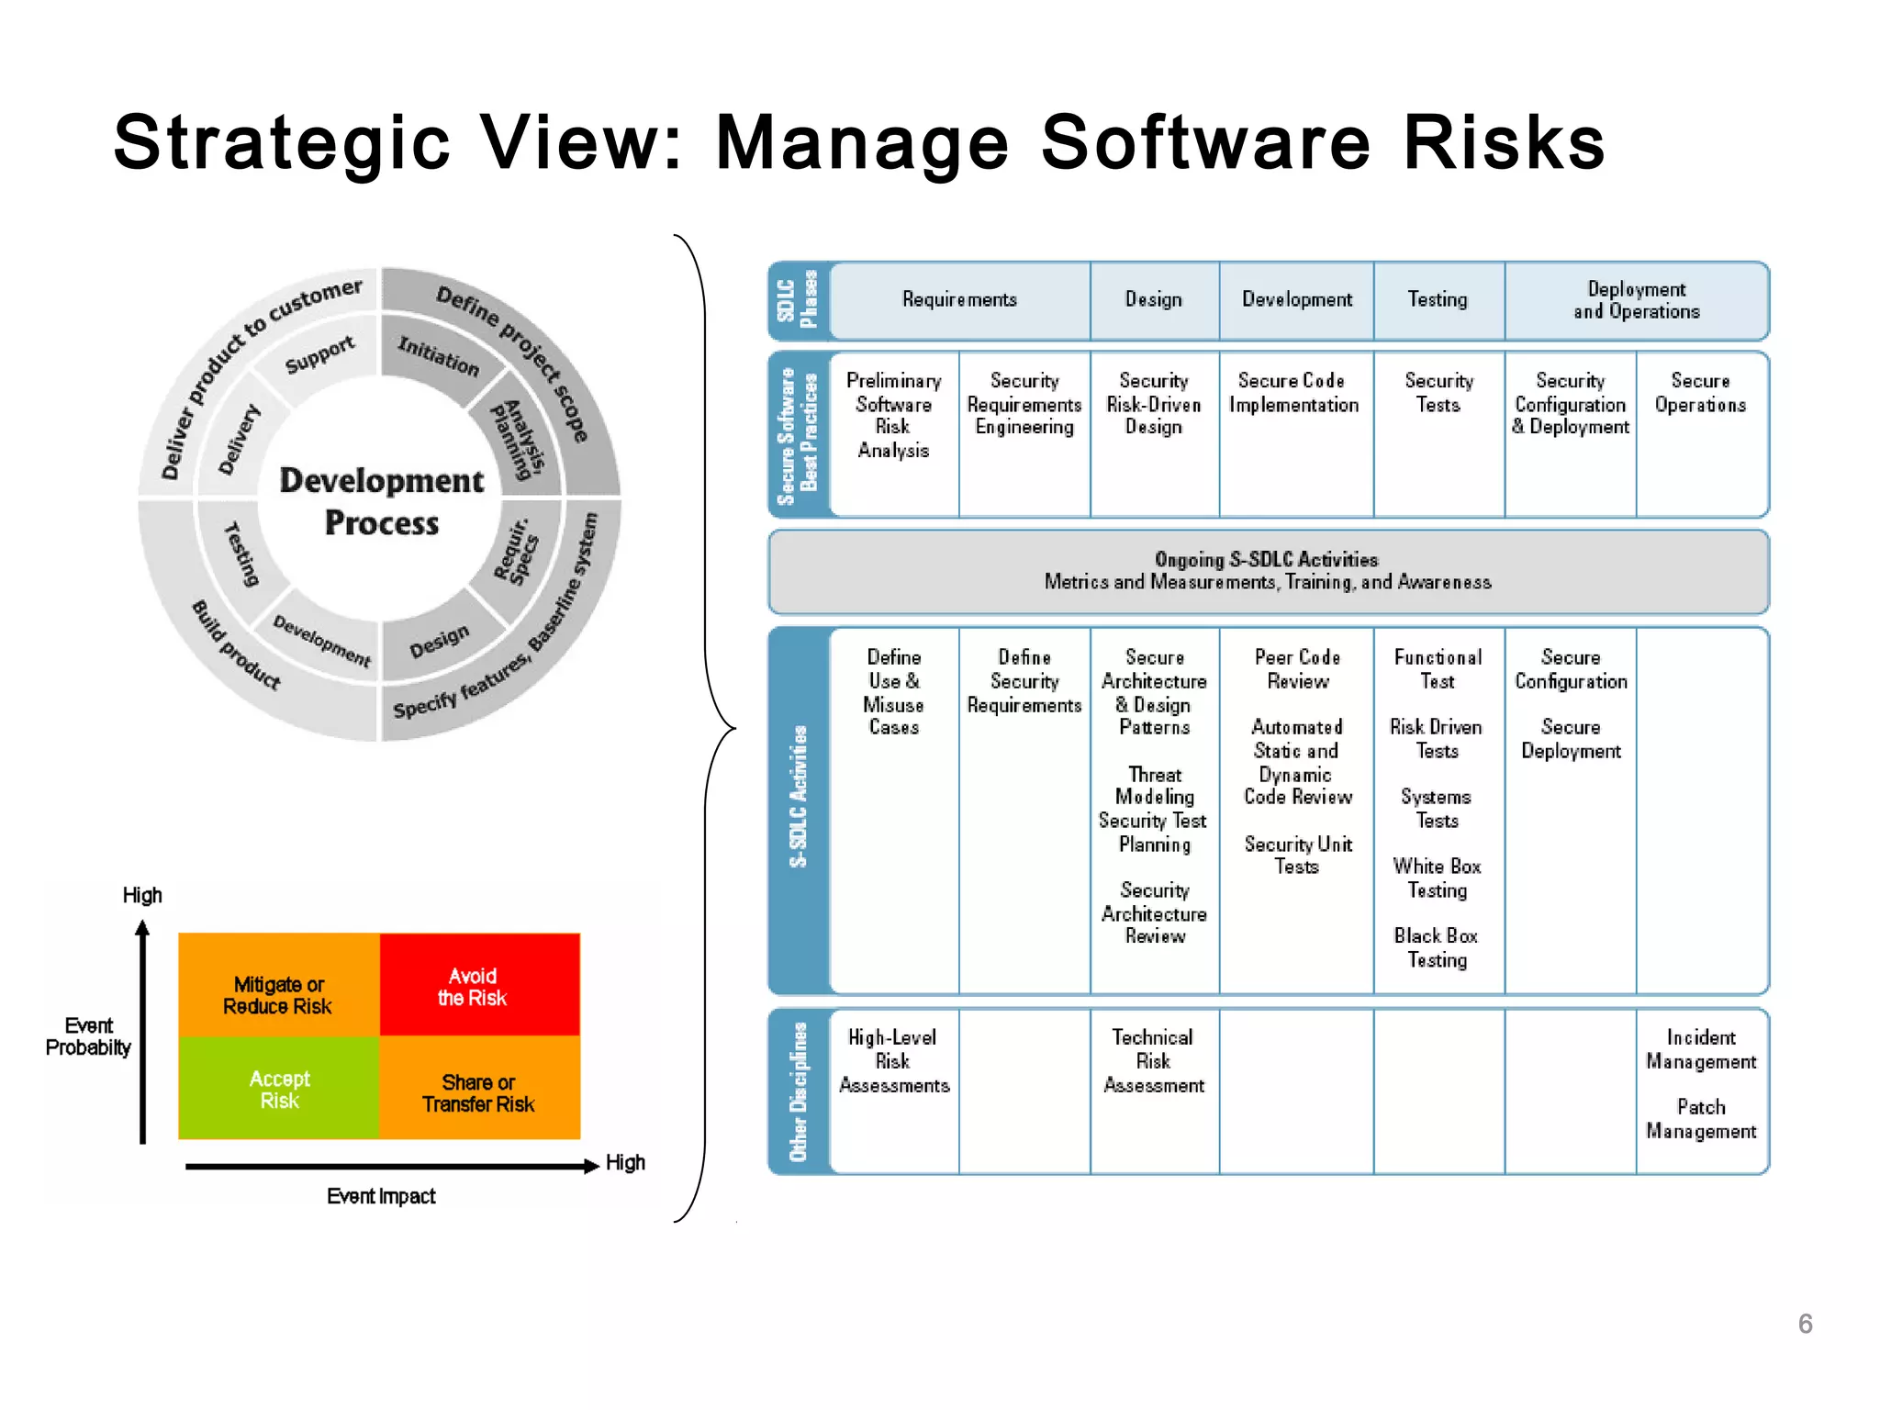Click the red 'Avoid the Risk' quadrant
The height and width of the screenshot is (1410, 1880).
[x=479, y=986]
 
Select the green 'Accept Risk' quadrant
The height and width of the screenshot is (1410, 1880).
[x=279, y=1089]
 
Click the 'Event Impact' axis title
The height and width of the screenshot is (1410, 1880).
[x=381, y=1196]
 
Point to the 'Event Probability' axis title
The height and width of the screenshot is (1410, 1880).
[x=88, y=1036]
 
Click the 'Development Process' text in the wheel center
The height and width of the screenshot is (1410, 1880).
[x=381, y=501]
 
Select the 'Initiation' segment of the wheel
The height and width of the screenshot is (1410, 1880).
[x=438, y=356]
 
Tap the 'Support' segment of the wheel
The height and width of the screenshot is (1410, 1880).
[x=319, y=354]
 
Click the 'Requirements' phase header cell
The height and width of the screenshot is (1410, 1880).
[x=959, y=300]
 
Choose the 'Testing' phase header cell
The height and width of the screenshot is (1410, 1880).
[x=1438, y=300]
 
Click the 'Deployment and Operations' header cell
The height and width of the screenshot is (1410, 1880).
[x=1637, y=300]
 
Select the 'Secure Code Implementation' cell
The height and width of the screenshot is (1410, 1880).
[x=1293, y=393]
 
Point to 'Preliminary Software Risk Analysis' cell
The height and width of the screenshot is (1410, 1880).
[x=893, y=415]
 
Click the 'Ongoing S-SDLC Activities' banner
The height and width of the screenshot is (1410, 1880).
[x=1267, y=571]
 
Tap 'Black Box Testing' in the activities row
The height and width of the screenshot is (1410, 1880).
[x=1437, y=947]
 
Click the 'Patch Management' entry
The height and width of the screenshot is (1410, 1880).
[x=1701, y=1119]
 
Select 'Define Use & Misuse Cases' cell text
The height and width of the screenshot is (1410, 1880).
[x=893, y=692]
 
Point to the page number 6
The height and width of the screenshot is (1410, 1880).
[x=1805, y=1324]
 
